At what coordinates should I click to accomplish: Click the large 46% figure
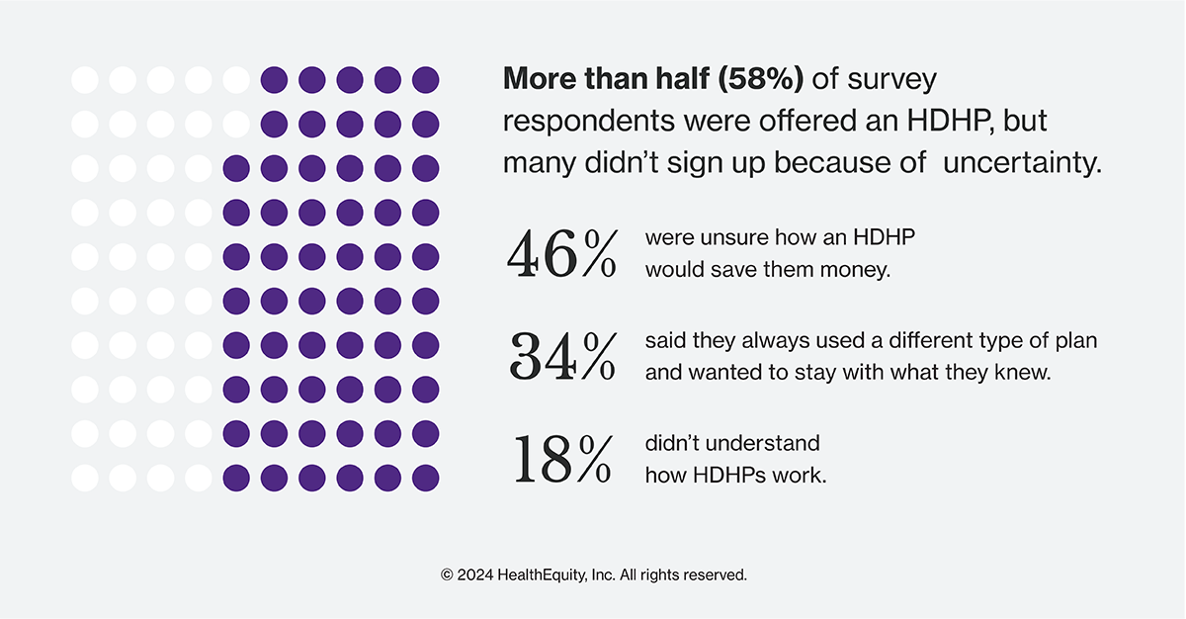click(x=561, y=254)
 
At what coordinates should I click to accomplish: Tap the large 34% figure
click(x=562, y=356)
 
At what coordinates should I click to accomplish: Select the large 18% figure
click(x=562, y=459)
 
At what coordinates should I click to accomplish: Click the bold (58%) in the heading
click(x=761, y=79)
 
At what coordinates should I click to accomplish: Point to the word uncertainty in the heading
click(x=1022, y=162)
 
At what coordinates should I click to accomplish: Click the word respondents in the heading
click(x=589, y=122)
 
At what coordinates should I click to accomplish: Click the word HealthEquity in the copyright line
click(x=542, y=575)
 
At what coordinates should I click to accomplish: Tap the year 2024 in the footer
click(x=475, y=575)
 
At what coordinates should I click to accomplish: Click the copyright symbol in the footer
click(x=447, y=575)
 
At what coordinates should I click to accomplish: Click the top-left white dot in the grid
click(x=85, y=80)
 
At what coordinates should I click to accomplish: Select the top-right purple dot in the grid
click(x=426, y=80)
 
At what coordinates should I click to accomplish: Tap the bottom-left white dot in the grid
click(x=85, y=479)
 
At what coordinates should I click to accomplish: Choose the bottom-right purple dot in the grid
click(x=426, y=479)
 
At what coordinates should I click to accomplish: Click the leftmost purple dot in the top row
click(x=275, y=80)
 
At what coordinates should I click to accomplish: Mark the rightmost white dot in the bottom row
click(x=199, y=479)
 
